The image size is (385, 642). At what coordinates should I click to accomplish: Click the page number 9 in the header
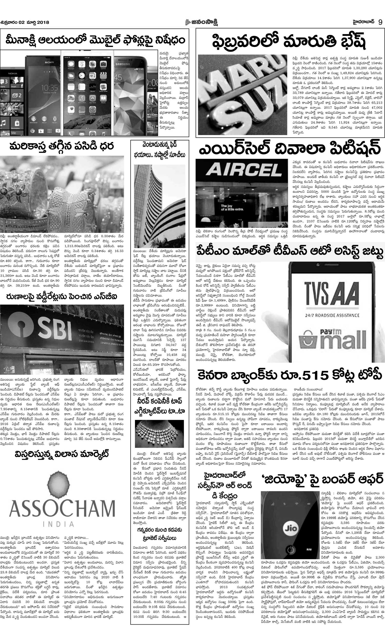tap(380, 22)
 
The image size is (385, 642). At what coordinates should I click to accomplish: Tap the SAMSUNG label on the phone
tap(122, 64)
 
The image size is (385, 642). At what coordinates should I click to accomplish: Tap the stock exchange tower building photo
tap(160, 206)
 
